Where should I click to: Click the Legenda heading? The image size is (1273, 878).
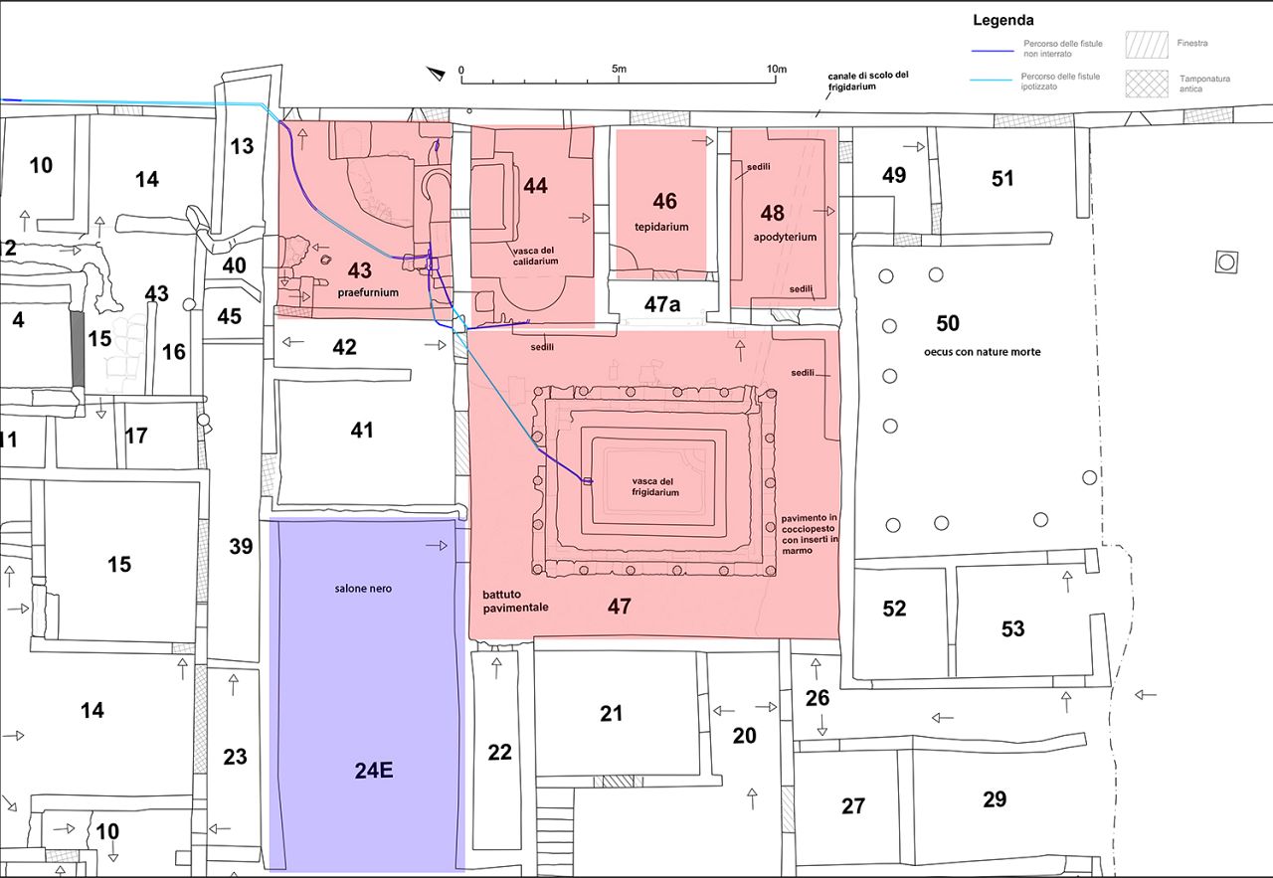tap(1002, 20)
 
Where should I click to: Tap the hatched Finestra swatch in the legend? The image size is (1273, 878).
tap(1145, 44)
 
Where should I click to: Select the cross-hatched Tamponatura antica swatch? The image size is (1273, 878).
tap(1145, 83)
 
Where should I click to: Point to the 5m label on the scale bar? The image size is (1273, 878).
tap(619, 69)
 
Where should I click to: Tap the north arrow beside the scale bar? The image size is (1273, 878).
tap(435, 73)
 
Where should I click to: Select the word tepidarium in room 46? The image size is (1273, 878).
tap(663, 227)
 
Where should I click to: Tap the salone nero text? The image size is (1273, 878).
tap(363, 589)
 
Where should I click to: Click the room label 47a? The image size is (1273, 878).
tap(663, 304)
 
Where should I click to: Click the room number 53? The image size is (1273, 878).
tap(1012, 628)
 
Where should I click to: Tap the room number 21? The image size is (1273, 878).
tap(612, 713)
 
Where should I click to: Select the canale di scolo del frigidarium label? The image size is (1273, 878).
tap(868, 81)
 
